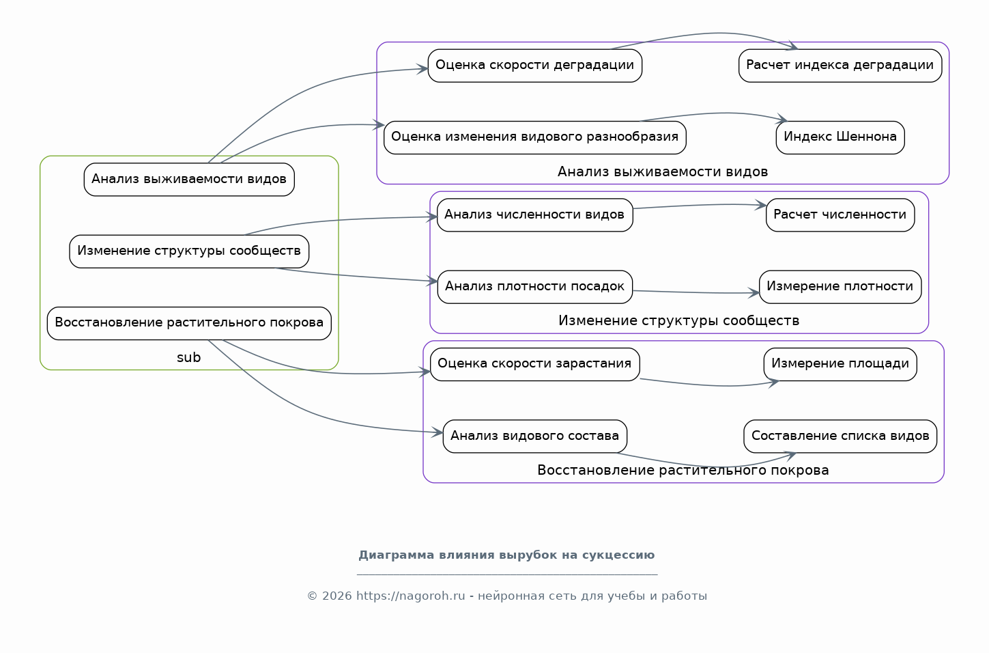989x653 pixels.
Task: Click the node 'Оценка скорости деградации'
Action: pos(534,66)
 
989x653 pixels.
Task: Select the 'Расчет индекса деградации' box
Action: pos(840,66)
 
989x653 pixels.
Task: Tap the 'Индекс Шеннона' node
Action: pos(840,137)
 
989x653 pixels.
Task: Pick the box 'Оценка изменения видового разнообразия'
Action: pos(534,137)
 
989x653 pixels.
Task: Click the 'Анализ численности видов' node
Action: pos(534,214)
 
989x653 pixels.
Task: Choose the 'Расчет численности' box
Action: pos(840,214)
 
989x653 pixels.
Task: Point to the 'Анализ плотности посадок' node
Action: pos(534,287)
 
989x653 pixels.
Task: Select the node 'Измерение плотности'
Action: pos(840,287)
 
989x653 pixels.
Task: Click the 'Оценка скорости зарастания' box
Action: pos(534,364)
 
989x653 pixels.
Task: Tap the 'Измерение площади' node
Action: pos(840,364)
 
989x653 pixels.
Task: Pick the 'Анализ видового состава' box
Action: pos(534,436)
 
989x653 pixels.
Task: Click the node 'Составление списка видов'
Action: pos(840,436)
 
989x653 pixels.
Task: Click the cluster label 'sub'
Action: pos(188,357)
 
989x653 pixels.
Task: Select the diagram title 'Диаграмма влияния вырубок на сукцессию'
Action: pos(506,555)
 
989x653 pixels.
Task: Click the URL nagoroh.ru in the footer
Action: pos(411,596)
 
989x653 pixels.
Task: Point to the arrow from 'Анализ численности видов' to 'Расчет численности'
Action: pos(700,205)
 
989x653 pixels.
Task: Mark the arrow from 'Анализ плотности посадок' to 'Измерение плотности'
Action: pos(696,292)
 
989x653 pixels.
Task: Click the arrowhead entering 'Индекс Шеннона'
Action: pos(782,119)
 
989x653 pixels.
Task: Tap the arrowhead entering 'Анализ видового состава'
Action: pos(437,432)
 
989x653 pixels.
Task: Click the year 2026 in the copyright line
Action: pos(336,596)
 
